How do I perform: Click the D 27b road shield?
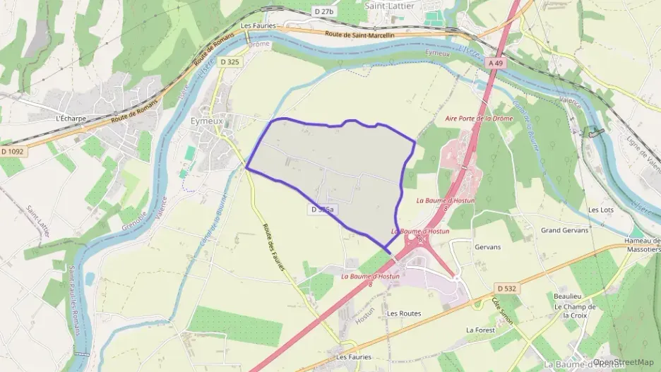pos(324,11)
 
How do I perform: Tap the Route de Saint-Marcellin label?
pos(360,35)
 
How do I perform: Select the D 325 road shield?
pos(230,63)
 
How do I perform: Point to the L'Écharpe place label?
pos(71,119)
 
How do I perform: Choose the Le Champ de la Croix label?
pos(575,311)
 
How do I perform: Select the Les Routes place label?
pos(404,313)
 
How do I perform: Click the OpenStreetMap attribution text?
pos(624,362)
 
